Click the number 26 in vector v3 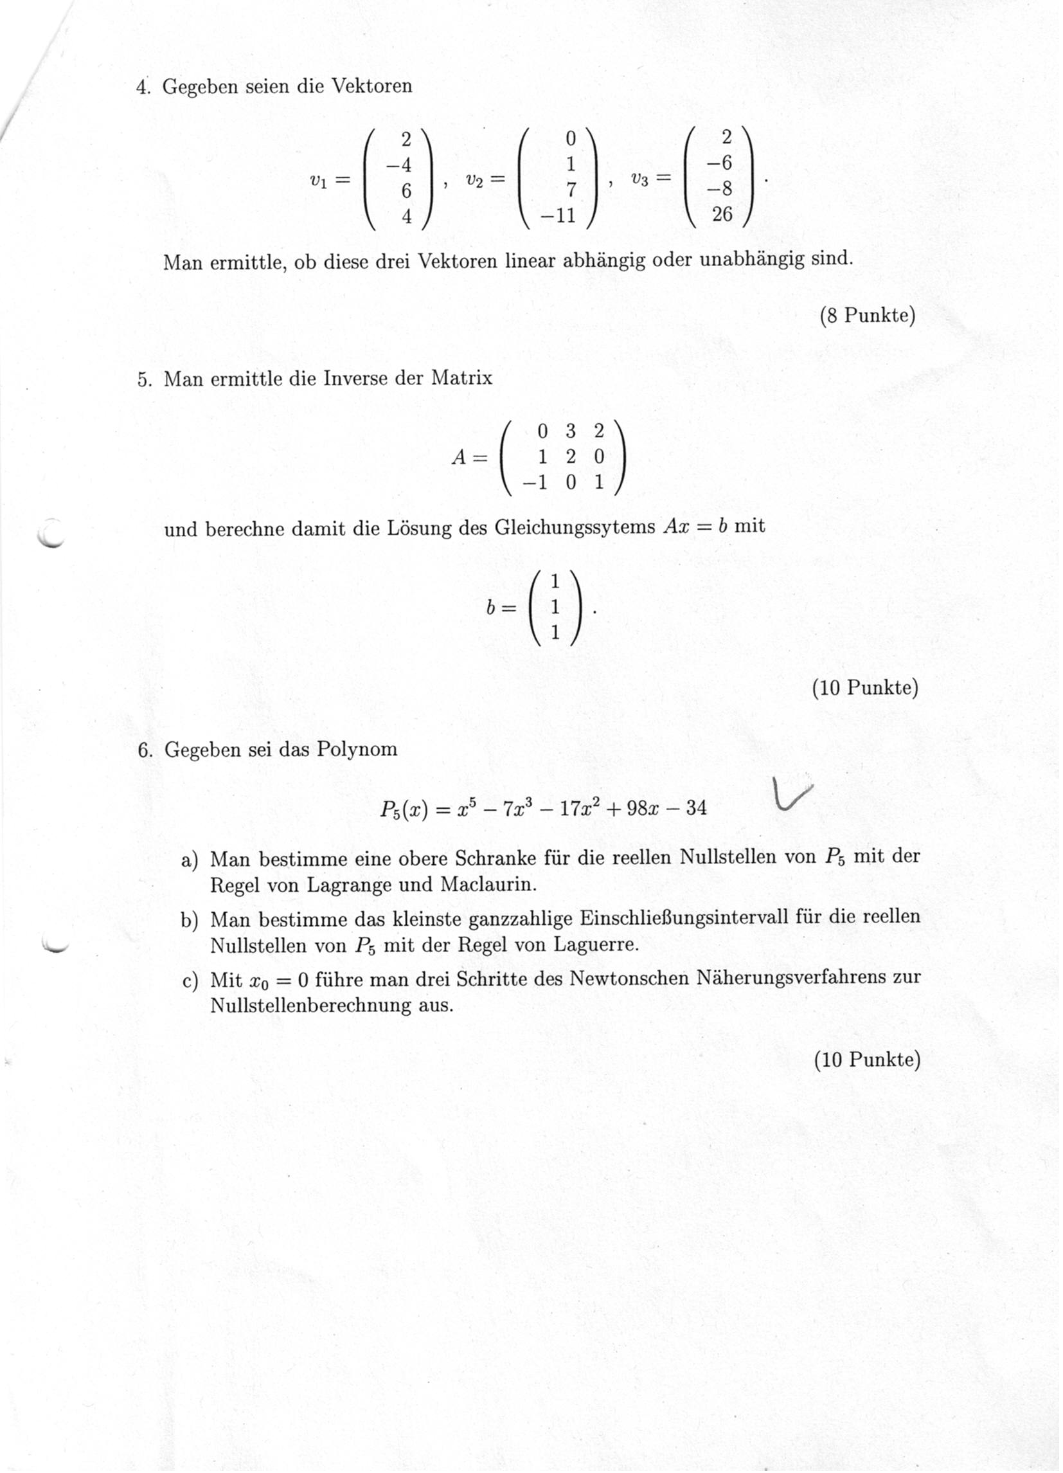coord(722,213)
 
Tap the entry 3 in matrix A coord(571,431)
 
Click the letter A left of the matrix coord(459,457)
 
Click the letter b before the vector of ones coord(492,608)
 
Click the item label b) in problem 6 coord(189,919)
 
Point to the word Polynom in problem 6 coord(357,750)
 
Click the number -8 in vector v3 coord(720,189)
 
